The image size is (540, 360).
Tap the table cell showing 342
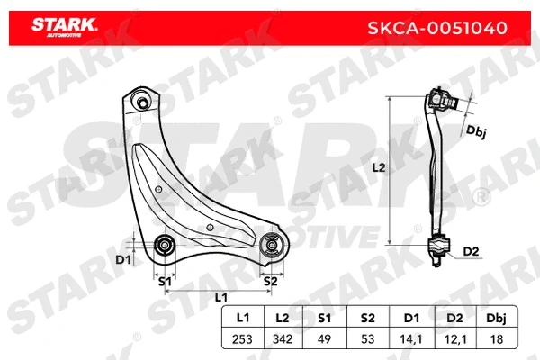(282, 338)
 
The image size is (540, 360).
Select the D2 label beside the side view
(470, 250)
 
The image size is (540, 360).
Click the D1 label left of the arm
(124, 260)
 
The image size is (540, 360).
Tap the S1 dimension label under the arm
(165, 282)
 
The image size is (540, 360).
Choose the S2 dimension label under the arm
(269, 282)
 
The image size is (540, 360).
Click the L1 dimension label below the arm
(219, 298)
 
